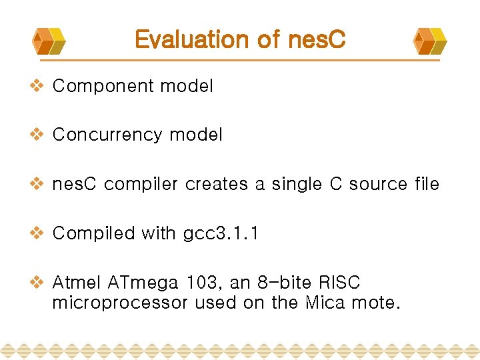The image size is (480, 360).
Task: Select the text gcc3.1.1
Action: [221, 234]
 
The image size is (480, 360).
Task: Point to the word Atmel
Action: [76, 283]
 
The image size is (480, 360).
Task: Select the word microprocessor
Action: [121, 303]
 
